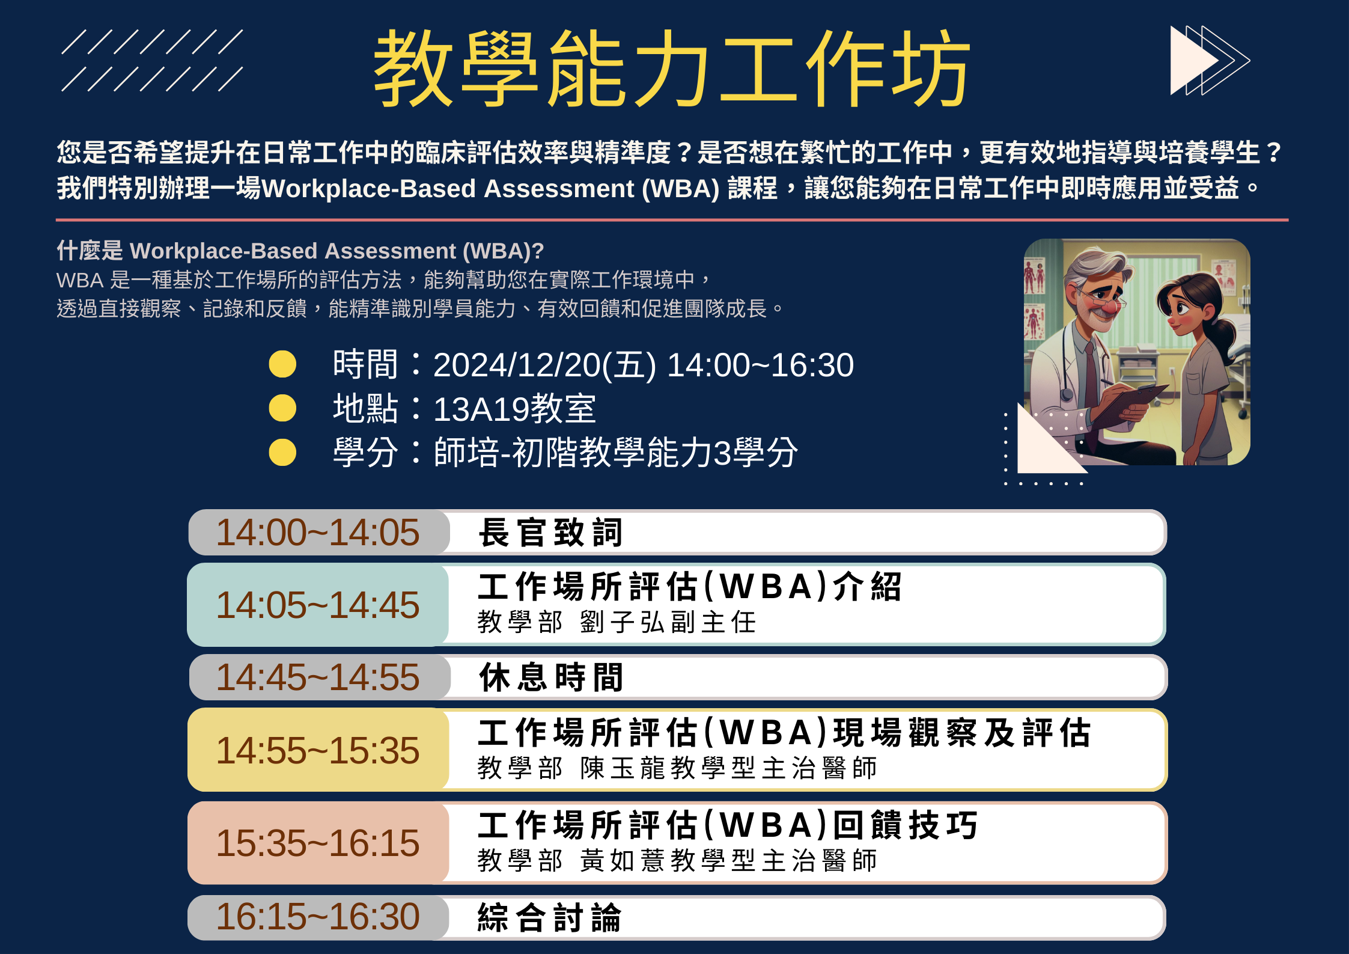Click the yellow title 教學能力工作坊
pos(672,68)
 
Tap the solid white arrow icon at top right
pos(1193,60)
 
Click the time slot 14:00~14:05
pos(318,532)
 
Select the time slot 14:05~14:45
pos(318,605)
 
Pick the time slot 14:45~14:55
pos(318,677)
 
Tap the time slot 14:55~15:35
pos(318,750)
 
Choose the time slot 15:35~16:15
pos(318,843)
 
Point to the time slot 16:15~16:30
pos(318,917)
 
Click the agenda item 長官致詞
pos(550,533)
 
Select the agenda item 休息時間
pos(551,677)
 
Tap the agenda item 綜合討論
pos(549,918)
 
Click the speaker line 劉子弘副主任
pos(668,622)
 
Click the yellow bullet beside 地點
pos(282,408)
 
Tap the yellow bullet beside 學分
pos(282,452)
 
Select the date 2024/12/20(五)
pos(544,365)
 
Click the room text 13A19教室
pos(514,409)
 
